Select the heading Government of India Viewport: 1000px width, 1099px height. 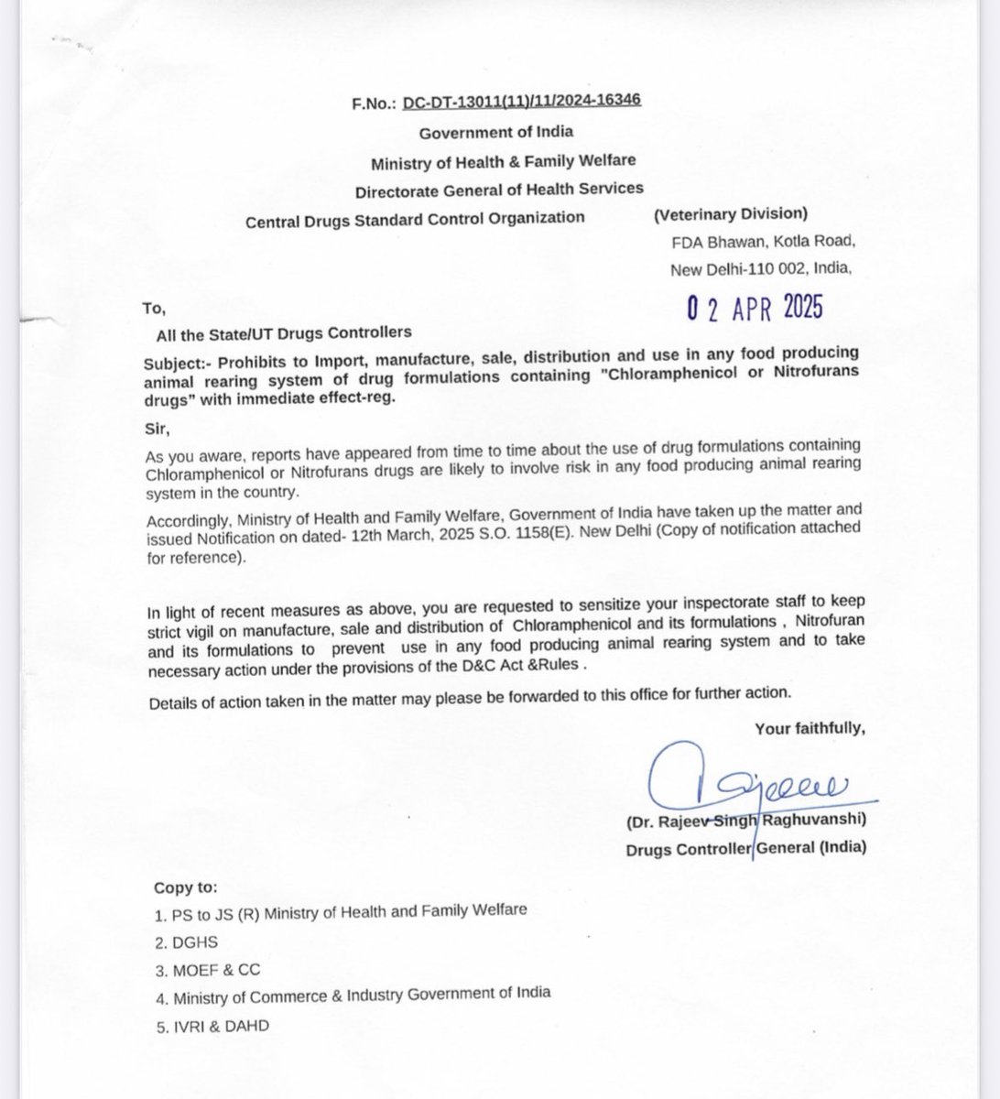495,132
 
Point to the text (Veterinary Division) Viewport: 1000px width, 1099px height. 730,214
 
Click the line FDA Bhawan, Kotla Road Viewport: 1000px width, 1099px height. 761,242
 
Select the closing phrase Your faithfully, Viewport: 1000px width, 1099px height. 809,728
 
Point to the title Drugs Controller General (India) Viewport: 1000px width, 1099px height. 745,848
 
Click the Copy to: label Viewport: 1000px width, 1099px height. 186,888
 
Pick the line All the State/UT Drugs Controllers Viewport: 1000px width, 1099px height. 283,332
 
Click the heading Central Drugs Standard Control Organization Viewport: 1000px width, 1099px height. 414,218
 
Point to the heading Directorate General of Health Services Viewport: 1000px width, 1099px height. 499,189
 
